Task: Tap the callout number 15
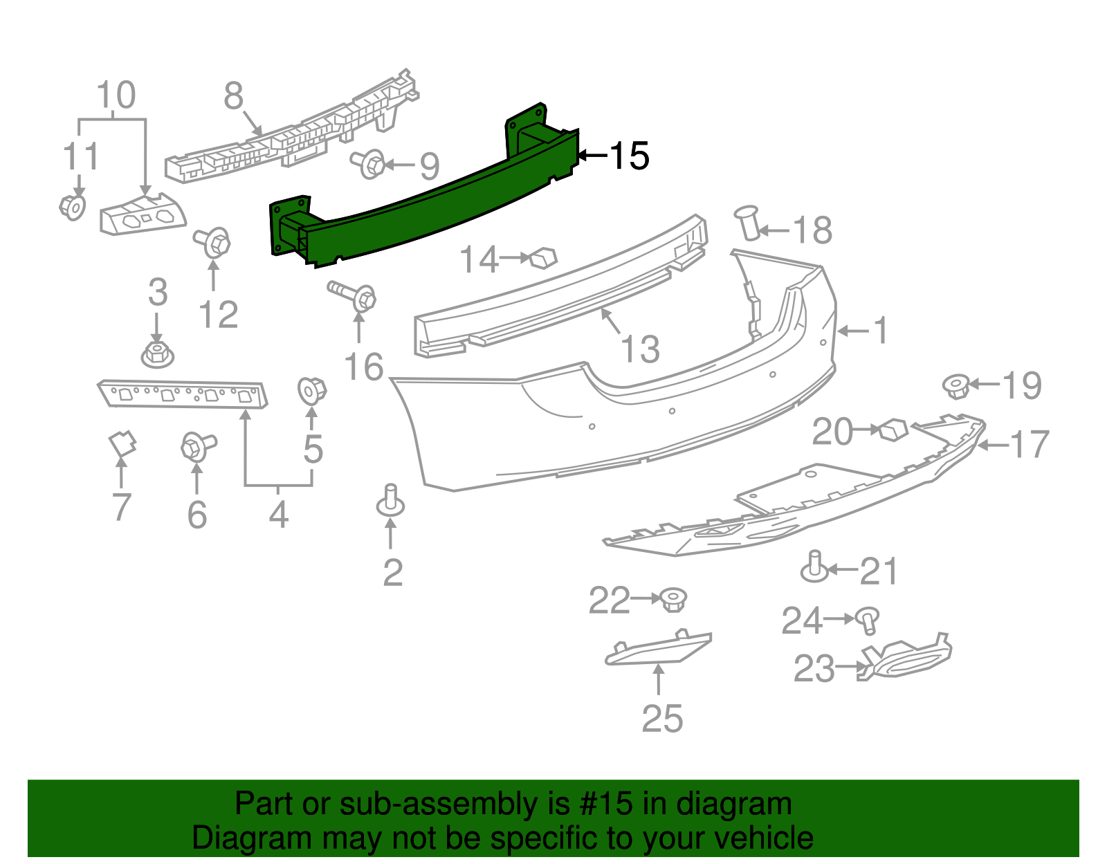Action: click(629, 156)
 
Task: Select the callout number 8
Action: click(234, 96)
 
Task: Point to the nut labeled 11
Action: click(73, 206)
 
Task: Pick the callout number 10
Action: click(116, 95)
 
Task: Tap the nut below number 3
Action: click(157, 354)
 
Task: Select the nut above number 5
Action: click(311, 390)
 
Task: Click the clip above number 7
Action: click(122, 443)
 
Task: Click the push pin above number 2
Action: click(391, 500)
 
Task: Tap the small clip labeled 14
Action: click(543, 259)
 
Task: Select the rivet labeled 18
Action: click(749, 222)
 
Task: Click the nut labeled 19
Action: click(956, 385)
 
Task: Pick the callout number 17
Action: click(1030, 444)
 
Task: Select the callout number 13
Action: click(640, 349)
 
